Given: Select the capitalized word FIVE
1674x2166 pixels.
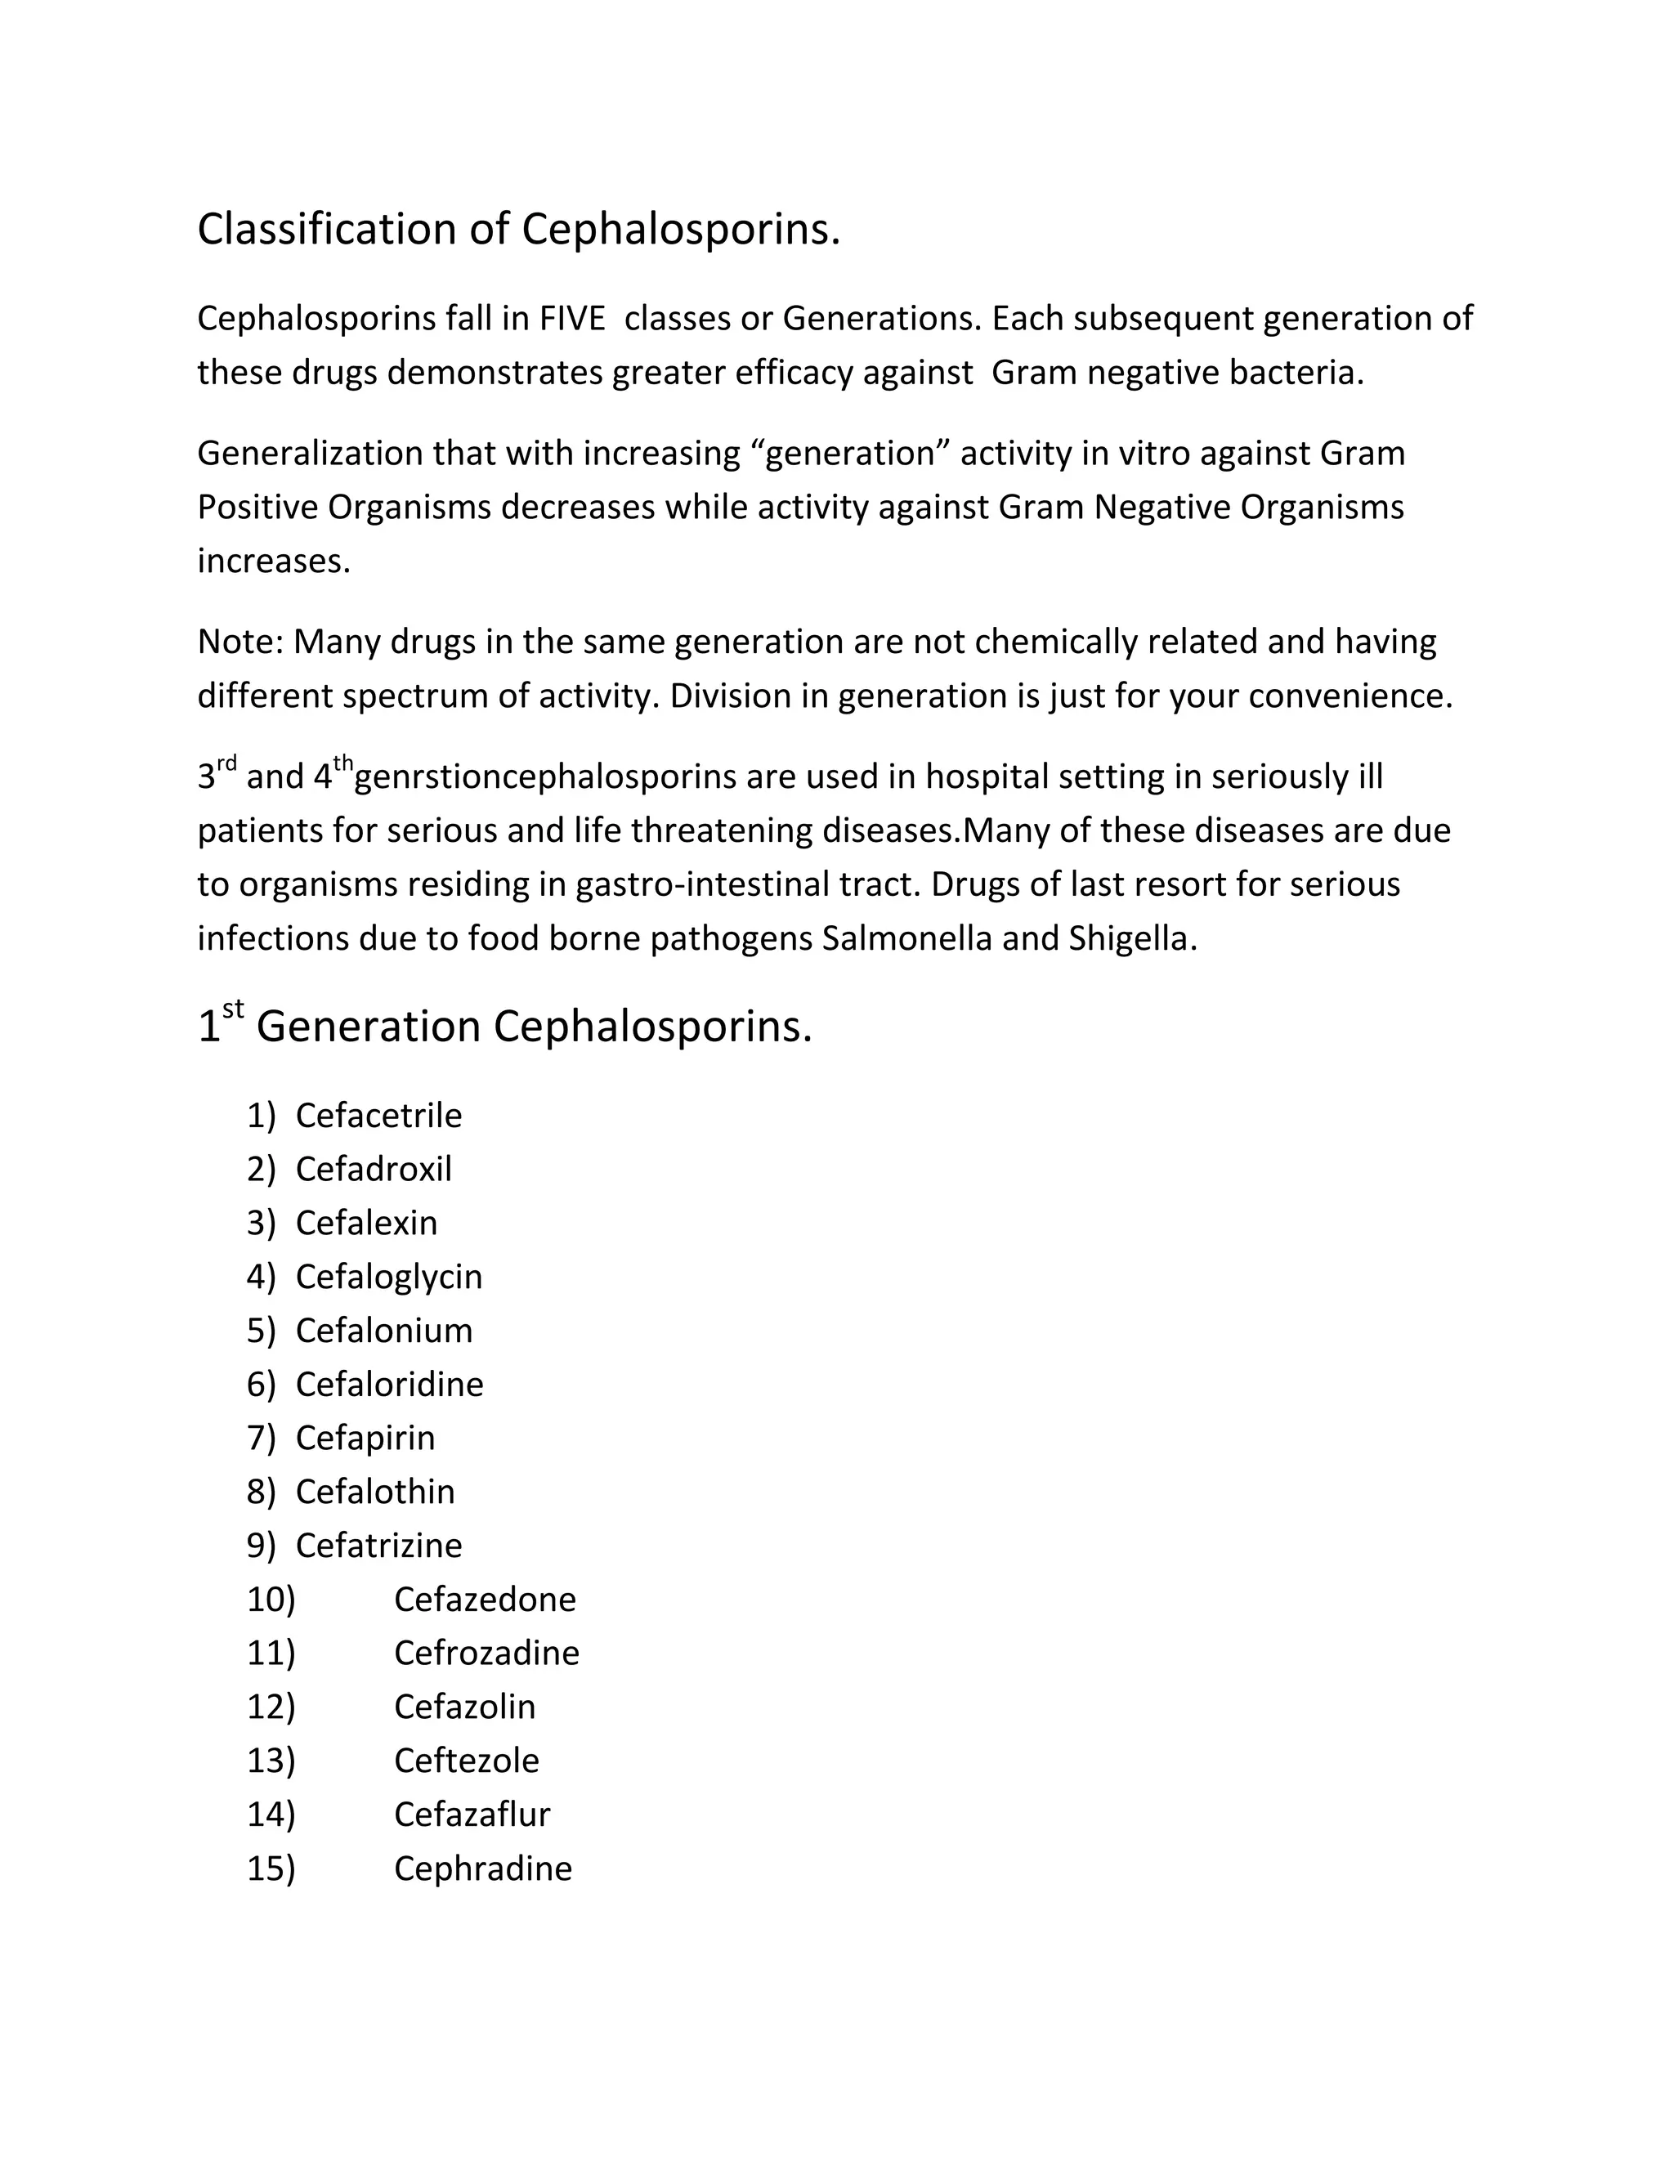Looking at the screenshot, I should click(x=571, y=320).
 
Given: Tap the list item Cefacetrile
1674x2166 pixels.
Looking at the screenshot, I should click(x=378, y=1116).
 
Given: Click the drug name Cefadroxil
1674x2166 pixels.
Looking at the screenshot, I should click(x=373, y=1170).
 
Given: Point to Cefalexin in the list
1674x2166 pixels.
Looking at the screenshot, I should click(x=366, y=1223).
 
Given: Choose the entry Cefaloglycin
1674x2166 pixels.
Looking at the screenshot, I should click(x=389, y=1277).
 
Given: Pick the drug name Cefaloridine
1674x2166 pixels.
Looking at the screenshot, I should click(x=389, y=1385).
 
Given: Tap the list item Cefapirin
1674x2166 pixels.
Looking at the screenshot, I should click(x=365, y=1438).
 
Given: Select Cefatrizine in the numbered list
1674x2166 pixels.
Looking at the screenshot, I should click(x=378, y=1545).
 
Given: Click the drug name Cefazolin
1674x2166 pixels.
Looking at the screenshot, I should click(x=464, y=1707).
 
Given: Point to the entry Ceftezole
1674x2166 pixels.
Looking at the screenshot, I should click(x=466, y=1761).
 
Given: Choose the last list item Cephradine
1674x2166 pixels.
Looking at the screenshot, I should click(x=483, y=1868).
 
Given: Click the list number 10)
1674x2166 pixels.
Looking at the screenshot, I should click(x=271, y=1599).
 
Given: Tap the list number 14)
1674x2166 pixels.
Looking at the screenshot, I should click(x=271, y=1814).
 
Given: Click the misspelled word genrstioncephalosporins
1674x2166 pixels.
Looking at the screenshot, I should click(x=545, y=776).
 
